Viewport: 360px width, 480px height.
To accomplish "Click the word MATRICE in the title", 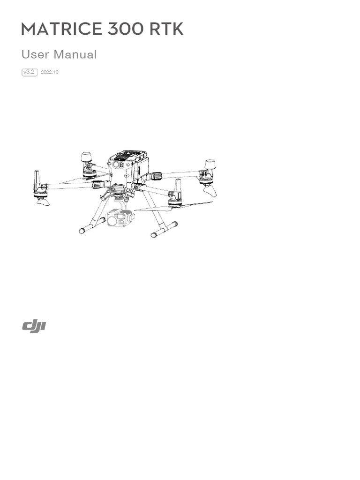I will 61,29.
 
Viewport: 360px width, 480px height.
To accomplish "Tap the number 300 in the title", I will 125,29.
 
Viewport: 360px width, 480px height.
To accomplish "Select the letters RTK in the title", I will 166,29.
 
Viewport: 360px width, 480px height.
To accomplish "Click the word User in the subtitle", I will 35,54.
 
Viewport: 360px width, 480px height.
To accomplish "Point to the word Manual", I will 75,54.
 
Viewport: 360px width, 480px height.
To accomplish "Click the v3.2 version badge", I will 30,72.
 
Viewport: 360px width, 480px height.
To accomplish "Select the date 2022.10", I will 50,73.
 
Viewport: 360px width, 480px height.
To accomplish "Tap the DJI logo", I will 34,327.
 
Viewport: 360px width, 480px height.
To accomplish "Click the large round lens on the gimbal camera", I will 114,219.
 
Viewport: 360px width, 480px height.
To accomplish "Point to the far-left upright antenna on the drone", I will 37,179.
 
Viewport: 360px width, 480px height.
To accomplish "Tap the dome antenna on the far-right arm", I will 209,165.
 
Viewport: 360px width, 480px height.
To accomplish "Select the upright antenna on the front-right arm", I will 178,188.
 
